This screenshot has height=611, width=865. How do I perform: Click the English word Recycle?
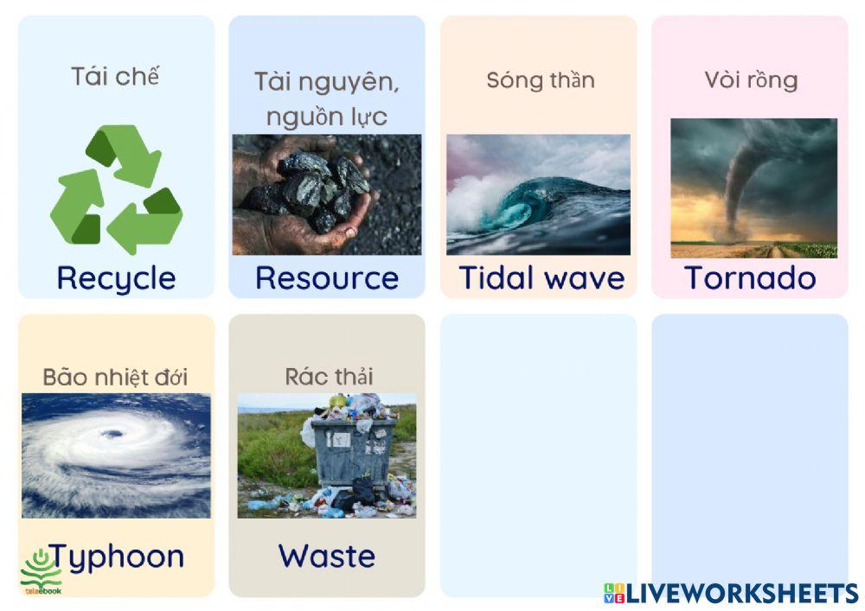coord(116,277)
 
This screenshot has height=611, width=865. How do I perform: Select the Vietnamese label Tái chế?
coord(116,76)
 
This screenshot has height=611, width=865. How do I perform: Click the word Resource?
coord(327,277)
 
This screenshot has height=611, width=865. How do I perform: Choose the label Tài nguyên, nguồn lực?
coord(327,99)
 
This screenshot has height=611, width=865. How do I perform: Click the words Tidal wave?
coord(541,277)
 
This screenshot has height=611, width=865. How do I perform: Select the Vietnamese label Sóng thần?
coord(541,80)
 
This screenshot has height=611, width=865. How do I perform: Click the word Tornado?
coord(750,277)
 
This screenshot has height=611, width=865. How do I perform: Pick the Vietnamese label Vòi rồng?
coord(751,80)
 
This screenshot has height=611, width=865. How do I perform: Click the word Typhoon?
coord(116,556)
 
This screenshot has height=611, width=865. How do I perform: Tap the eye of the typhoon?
coord(110,434)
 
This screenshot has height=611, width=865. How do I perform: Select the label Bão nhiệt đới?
coord(115,377)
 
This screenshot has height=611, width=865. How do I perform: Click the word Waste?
coord(327,556)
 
